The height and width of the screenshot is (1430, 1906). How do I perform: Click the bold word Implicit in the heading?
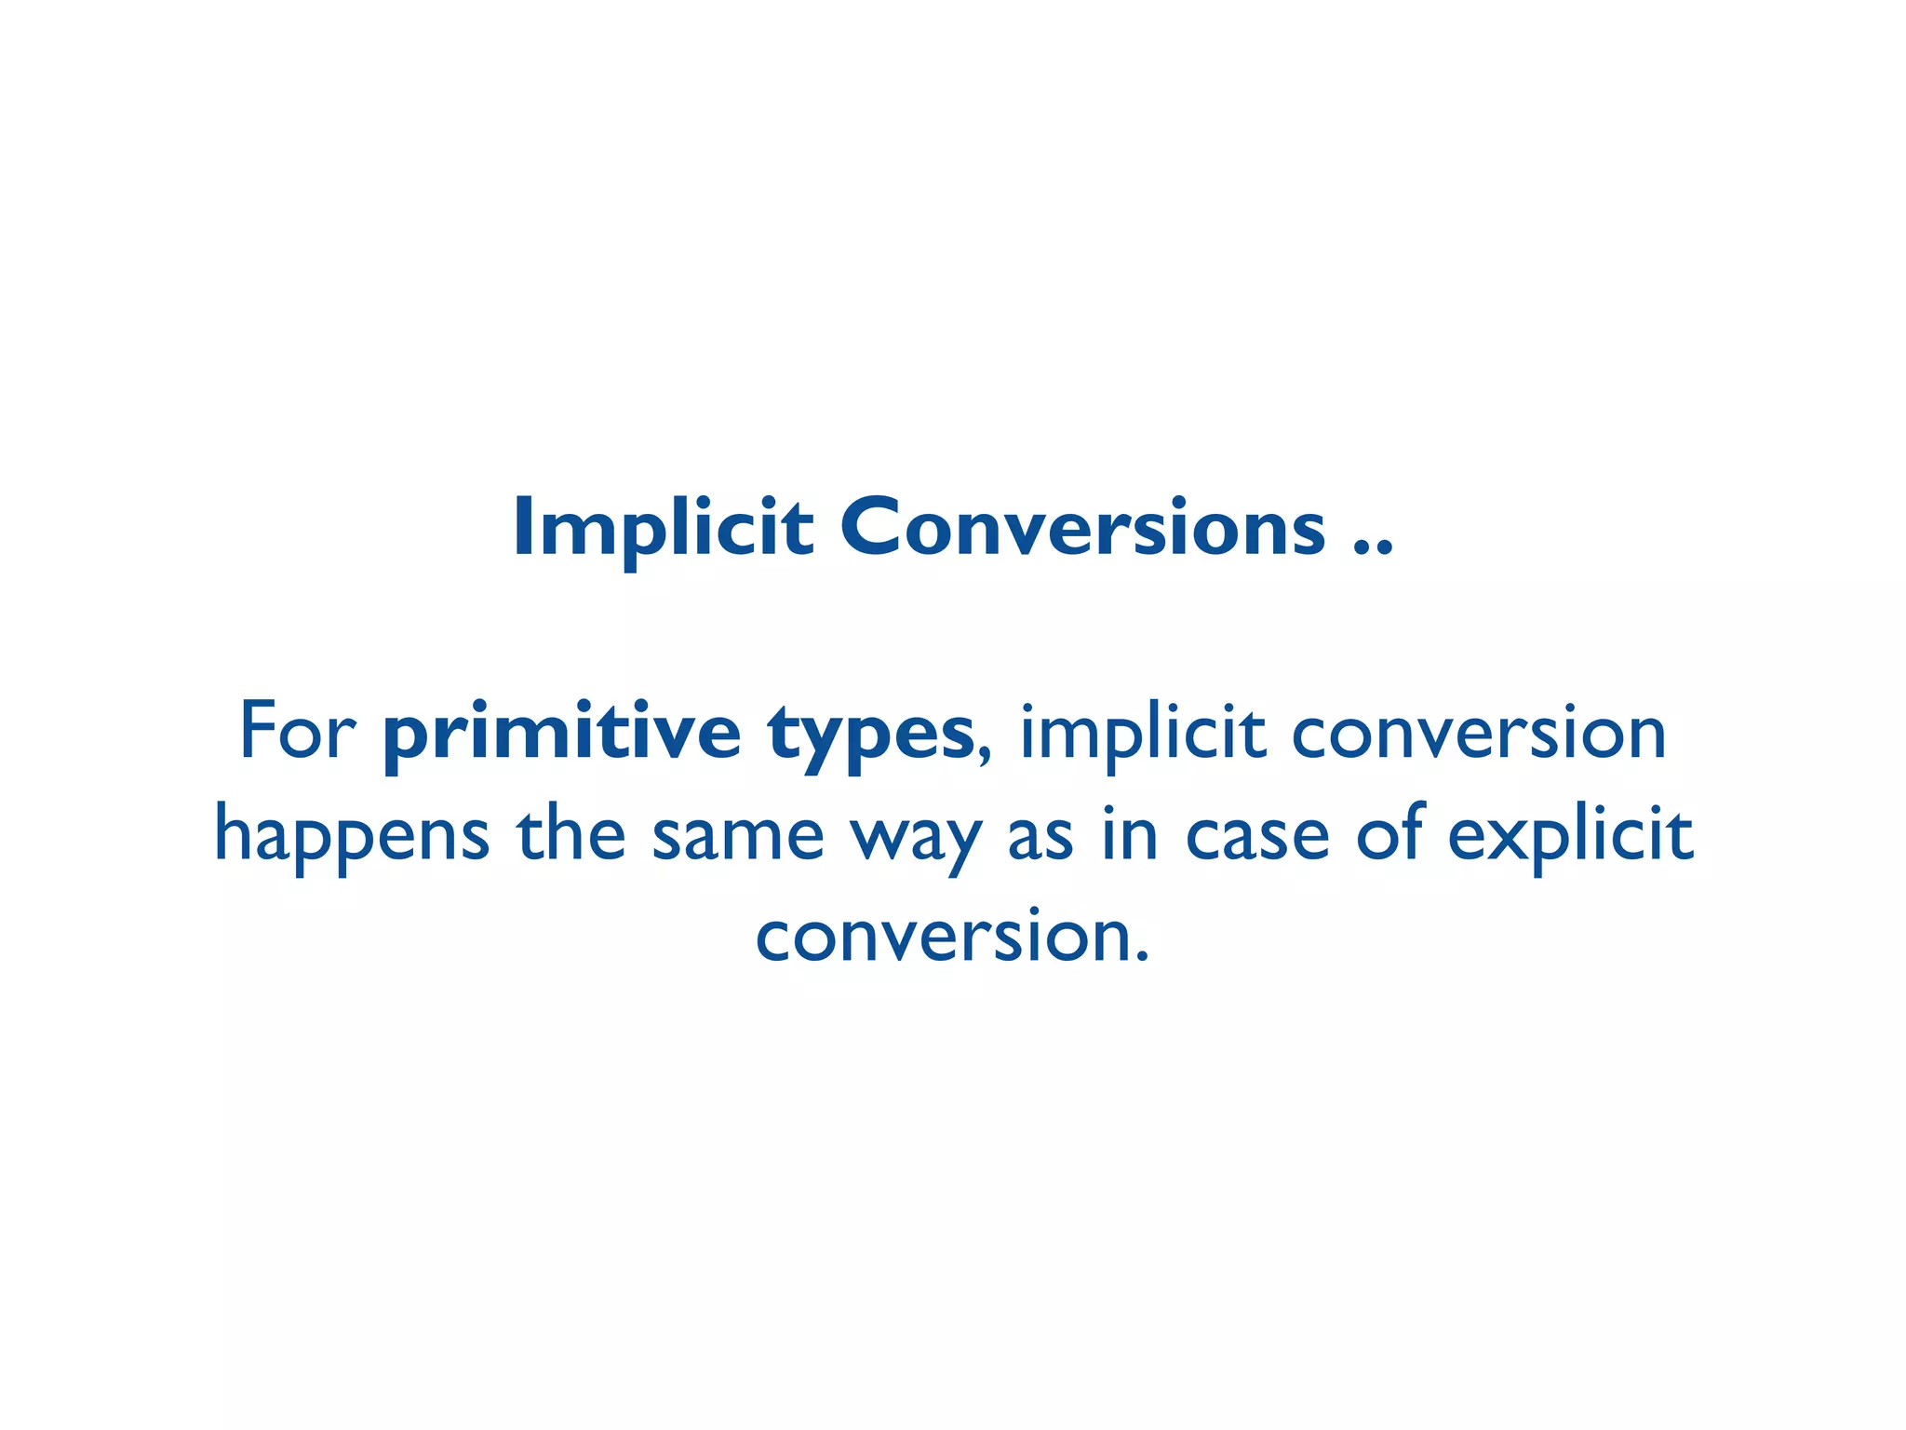click(663, 528)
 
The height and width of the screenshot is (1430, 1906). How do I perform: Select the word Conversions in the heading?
click(1082, 528)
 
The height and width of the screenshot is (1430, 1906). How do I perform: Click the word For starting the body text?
click(298, 732)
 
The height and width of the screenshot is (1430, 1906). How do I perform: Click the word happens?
click(352, 836)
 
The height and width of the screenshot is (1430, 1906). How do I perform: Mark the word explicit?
click(1570, 836)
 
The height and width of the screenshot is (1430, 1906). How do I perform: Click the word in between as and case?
click(1131, 834)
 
